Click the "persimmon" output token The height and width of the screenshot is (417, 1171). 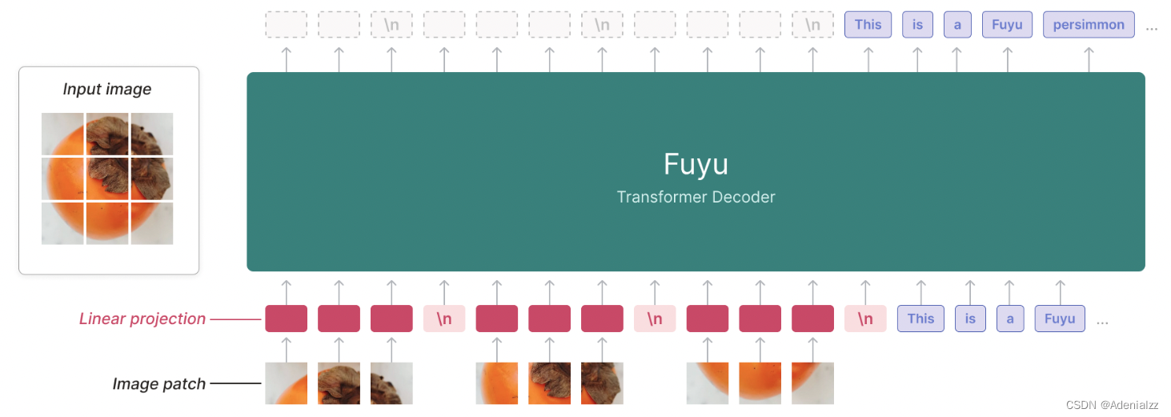click(1089, 25)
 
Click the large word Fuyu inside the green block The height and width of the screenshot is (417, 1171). click(696, 164)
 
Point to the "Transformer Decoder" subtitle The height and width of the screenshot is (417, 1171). click(696, 197)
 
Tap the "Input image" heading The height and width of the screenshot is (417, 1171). click(107, 89)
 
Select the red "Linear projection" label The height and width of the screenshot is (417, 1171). click(142, 319)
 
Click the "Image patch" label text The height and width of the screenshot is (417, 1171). click(158, 384)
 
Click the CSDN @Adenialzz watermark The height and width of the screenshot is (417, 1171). click(1113, 405)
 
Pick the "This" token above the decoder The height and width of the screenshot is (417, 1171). click(868, 25)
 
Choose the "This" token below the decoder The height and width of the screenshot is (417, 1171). click(920, 319)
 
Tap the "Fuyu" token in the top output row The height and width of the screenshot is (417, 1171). click(1007, 25)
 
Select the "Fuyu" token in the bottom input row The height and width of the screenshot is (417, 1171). click(1060, 319)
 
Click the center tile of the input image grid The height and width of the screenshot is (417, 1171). click(107, 178)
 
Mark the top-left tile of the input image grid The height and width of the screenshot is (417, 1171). click(62, 134)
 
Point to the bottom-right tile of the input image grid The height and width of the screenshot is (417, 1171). click(152, 223)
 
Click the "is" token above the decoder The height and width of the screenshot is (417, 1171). click(917, 25)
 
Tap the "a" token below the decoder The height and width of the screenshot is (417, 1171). click(1010, 319)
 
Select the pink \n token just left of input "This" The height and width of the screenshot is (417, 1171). click(865, 319)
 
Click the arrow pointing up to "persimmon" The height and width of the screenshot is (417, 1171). click(1089, 58)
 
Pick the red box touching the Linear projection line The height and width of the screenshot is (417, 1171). click(286, 319)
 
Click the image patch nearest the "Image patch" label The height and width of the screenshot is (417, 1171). click(286, 383)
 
